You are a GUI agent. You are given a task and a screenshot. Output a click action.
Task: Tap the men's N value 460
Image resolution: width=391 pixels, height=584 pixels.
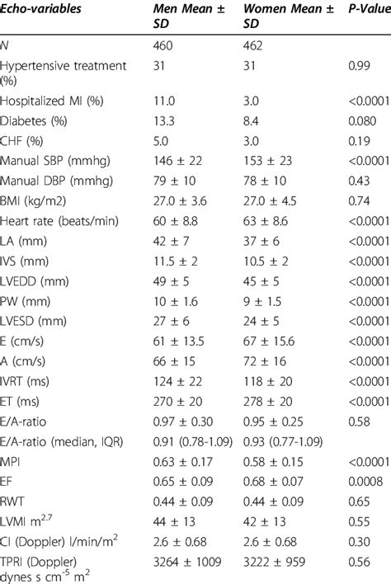click(165, 46)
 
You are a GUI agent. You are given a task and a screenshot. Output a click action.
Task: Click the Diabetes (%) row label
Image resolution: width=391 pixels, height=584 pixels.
click(35, 119)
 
